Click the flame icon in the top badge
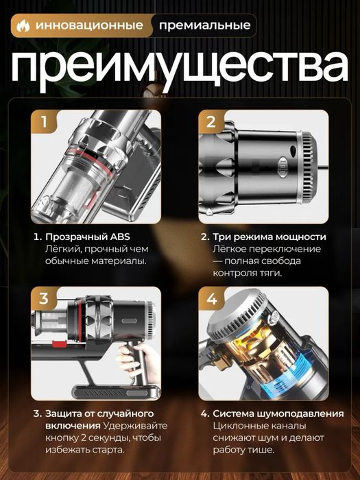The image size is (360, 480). point(23,27)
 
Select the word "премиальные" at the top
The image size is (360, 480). point(204,27)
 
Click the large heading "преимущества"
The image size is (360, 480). point(180,67)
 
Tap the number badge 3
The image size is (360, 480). point(45,298)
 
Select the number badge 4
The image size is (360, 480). point(211,298)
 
